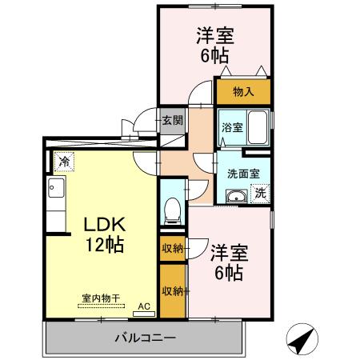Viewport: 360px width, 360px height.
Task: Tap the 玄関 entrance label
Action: [172, 121]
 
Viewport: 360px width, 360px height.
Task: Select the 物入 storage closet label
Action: [242, 92]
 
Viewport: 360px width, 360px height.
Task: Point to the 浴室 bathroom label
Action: [232, 127]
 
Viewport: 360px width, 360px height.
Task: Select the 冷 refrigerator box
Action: [63, 162]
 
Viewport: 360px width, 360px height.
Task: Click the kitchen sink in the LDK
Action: [56, 190]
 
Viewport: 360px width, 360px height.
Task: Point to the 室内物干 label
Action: [100, 299]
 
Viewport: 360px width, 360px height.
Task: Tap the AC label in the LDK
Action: [144, 306]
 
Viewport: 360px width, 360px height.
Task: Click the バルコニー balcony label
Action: [144, 338]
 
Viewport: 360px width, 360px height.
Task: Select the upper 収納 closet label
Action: [172, 248]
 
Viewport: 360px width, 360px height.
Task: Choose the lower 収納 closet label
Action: [172, 290]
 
